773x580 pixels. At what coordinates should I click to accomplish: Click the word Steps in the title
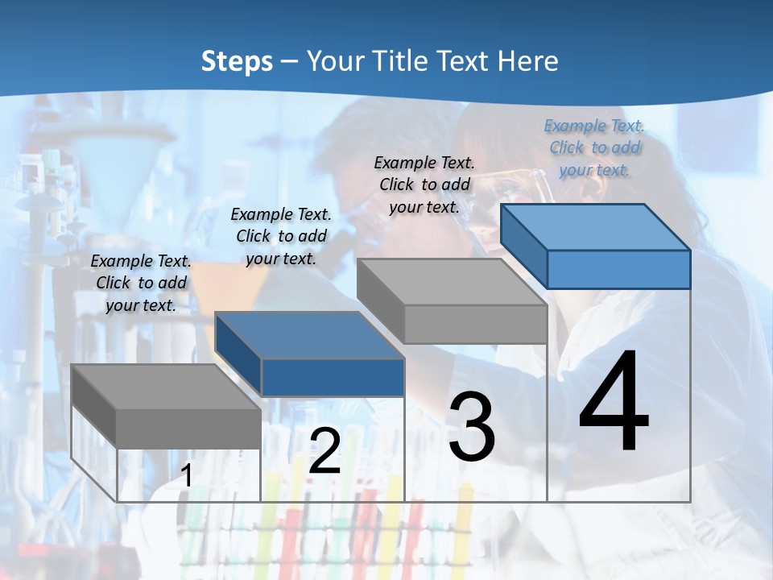(237, 61)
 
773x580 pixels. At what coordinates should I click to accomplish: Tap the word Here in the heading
(528, 61)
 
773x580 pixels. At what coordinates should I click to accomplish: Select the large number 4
(614, 402)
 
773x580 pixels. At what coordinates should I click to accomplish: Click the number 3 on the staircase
(472, 428)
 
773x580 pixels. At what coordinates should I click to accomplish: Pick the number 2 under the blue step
(325, 451)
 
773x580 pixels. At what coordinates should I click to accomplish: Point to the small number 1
(187, 476)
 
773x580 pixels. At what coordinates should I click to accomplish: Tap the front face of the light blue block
(618, 269)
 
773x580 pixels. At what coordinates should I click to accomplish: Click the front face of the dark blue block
(333, 377)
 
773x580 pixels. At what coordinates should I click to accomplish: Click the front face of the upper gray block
(475, 324)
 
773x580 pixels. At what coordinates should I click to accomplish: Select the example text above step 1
(141, 283)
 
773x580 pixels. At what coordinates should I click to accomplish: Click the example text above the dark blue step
(281, 236)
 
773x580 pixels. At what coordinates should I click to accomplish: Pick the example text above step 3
(424, 184)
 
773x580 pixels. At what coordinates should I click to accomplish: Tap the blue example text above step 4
(594, 147)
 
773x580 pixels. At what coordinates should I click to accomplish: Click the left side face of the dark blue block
(238, 355)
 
